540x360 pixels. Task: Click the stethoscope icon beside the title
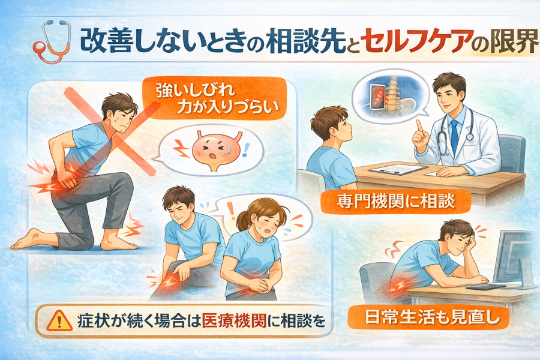(52, 41)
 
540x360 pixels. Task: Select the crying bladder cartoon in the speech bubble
(214, 151)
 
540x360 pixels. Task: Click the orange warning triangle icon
(59, 321)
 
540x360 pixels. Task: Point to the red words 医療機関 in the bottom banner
(234, 321)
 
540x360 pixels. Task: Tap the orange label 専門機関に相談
(396, 202)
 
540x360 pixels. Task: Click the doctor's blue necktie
(454, 135)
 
